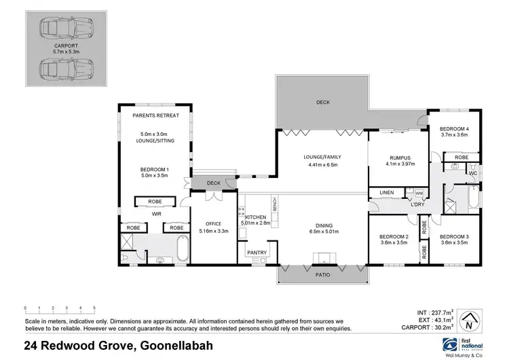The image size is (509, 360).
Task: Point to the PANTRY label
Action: [x=257, y=253]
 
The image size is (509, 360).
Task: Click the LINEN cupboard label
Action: [x=387, y=192]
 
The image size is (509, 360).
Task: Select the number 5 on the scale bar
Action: [x=94, y=308]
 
